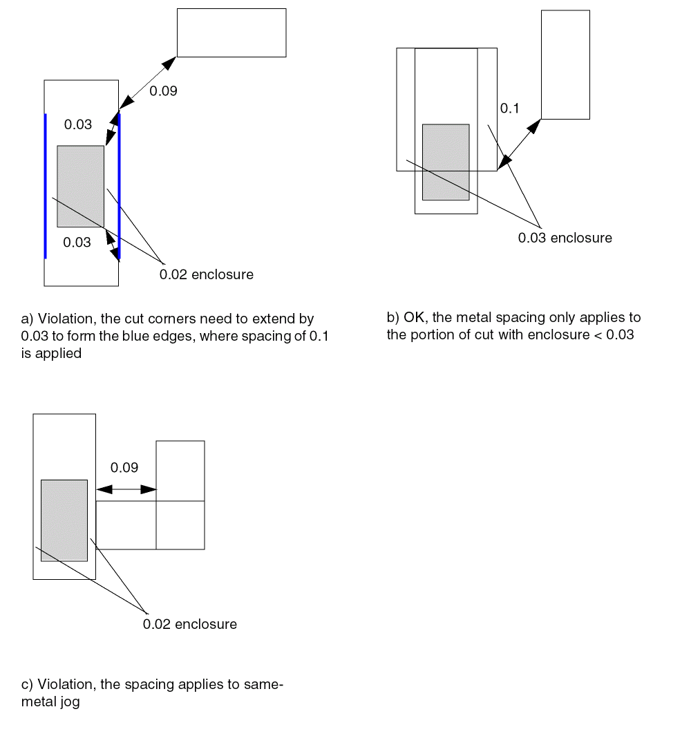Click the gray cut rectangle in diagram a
(81, 186)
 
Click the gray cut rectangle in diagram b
(446, 162)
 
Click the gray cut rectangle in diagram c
(64, 520)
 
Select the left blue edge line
(45, 186)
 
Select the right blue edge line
(119, 186)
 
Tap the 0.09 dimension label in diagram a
(164, 91)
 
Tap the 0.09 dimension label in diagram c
(124, 468)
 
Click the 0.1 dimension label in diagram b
(509, 109)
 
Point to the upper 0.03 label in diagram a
(78, 125)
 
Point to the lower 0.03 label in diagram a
(77, 243)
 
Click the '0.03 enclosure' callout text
(565, 238)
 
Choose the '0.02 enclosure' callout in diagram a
(206, 275)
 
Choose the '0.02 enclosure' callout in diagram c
(189, 625)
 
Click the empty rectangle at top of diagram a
(231, 32)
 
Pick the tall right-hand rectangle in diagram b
(565, 64)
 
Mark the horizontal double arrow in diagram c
(126, 489)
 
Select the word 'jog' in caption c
(69, 703)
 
